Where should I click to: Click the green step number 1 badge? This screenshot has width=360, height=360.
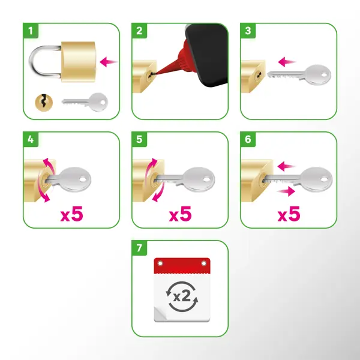(31, 31)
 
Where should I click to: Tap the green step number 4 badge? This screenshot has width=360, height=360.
(31, 139)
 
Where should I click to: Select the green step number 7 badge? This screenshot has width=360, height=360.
(139, 248)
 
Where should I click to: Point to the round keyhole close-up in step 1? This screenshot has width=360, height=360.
(44, 103)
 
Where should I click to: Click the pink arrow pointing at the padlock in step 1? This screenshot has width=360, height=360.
(109, 62)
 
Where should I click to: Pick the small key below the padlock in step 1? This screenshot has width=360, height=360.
(85, 102)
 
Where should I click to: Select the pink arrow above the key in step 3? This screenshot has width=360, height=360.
(287, 62)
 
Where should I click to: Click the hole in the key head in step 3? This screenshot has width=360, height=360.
(325, 75)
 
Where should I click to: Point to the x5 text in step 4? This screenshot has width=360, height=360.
(71, 214)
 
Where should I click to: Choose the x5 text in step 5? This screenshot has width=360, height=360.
(180, 214)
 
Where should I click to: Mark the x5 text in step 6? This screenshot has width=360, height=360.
(289, 214)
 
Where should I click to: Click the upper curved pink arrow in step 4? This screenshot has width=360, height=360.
(50, 164)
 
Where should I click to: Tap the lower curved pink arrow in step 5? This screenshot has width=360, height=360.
(159, 193)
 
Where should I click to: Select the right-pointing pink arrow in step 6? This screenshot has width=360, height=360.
(286, 191)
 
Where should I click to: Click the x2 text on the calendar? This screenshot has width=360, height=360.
(182, 296)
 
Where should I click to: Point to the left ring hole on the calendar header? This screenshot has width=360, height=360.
(160, 263)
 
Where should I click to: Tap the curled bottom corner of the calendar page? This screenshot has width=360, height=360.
(161, 314)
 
